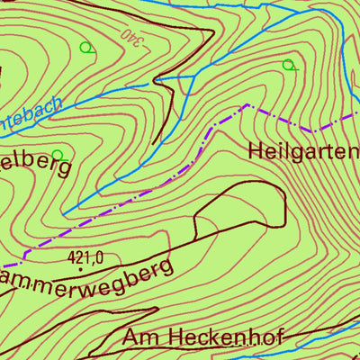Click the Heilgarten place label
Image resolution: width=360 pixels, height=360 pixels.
point(304,150)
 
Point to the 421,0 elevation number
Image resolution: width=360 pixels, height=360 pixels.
point(85,257)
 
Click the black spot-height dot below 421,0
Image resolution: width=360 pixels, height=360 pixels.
point(80,268)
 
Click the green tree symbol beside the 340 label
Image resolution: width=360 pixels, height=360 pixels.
point(86,48)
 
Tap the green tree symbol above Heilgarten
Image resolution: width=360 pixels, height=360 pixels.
point(288,65)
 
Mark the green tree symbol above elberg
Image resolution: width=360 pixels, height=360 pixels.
point(58,155)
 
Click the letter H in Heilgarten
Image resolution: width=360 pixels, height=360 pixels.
point(255,150)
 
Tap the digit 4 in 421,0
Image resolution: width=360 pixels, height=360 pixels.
point(71,257)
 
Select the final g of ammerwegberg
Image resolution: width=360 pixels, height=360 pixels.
point(164,270)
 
